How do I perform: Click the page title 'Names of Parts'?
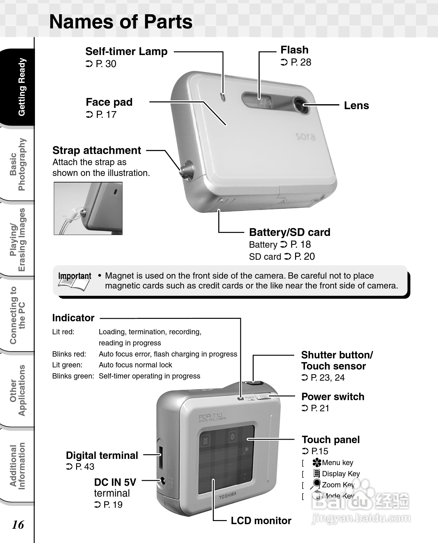(x=121, y=22)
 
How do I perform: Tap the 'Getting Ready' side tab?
(x=21, y=87)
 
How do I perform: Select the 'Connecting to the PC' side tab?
(x=18, y=315)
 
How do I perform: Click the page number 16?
(x=18, y=524)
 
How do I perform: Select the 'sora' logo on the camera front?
(x=306, y=136)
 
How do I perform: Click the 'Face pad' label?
(x=109, y=102)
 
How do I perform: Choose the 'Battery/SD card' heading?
(x=290, y=232)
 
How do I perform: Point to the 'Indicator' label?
(x=73, y=318)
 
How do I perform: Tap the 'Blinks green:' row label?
(x=73, y=376)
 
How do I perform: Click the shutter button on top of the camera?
(x=254, y=383)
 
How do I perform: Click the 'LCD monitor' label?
(x=261, y=521)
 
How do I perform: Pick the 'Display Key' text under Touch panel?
(x=341, y=474)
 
